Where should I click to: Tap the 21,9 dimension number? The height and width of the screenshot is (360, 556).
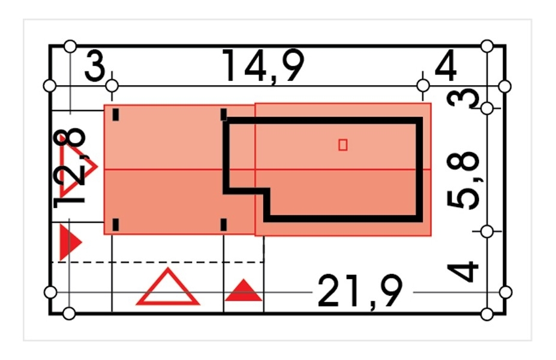coord(360,292)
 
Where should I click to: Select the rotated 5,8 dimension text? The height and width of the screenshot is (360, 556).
coord(464,180)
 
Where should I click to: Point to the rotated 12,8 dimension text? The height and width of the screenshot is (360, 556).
coord(70,167)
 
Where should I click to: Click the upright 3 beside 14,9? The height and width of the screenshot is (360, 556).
coord(95,66)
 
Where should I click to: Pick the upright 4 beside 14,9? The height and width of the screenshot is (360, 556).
coord(446,65)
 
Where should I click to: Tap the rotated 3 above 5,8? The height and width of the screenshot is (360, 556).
coord(464,98)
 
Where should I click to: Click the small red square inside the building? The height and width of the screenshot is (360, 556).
coord(342,145)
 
